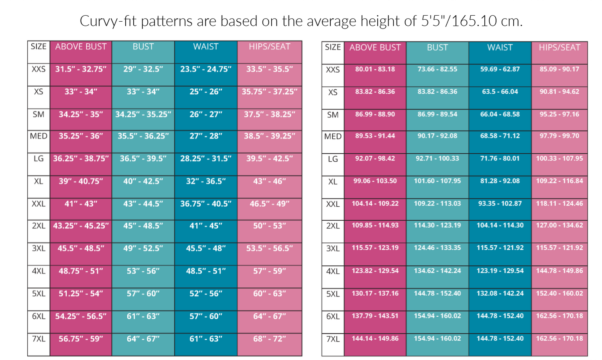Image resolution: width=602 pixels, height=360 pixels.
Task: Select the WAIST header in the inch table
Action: click(x=205, y=47)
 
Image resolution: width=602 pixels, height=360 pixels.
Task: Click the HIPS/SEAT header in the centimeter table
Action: click(x=559, y=47)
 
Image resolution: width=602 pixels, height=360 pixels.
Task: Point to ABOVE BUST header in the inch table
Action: click(x=81, y=47)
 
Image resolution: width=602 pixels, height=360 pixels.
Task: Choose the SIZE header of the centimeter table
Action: click(x=333, y=47)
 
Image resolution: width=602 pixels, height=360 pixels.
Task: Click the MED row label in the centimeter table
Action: click(x=333, y=136)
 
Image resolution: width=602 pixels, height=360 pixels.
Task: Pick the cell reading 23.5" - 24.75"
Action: click(x=205, y=69)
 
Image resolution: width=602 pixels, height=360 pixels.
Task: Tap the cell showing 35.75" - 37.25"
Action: click(x=269, y=92)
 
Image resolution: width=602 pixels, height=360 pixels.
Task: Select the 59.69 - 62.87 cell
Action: click(x=500, y=69)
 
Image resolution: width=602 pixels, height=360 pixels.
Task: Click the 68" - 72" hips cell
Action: click(x=269, y=339)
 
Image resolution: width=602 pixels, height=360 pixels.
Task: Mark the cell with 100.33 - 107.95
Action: click(x=559, y=159)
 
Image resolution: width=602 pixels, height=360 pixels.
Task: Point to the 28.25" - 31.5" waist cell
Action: click(x=205, y=159)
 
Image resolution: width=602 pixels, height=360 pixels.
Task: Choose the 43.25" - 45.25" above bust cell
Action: click(x=81, y=226)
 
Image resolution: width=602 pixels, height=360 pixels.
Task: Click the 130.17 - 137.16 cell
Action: click(x=375, y=293)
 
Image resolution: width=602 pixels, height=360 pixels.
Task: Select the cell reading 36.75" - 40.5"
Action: click(x=205, y=204)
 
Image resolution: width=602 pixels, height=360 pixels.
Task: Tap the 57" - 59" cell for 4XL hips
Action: click(x=269, y=271)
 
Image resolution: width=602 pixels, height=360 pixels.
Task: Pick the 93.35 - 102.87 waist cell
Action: click(x=500, y=203)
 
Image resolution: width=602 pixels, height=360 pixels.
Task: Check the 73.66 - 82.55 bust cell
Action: click(x=437, y=69)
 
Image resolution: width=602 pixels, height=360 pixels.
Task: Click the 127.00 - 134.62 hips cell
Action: click(x=559, y=225)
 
